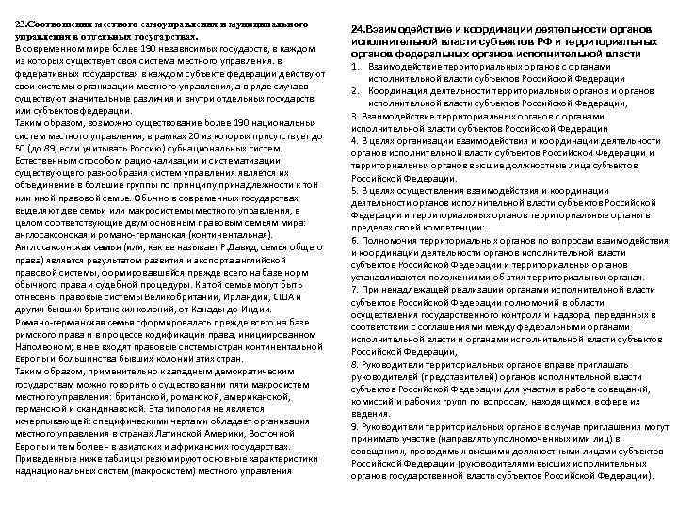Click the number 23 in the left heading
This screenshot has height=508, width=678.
(x=22, y=20)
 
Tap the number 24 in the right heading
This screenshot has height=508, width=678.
(x=358, y=30)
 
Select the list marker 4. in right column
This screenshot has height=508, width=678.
(x=356, y=140)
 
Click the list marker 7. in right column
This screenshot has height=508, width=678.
(x=356, y=290)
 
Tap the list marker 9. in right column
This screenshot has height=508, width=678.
(x=356, y=426)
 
